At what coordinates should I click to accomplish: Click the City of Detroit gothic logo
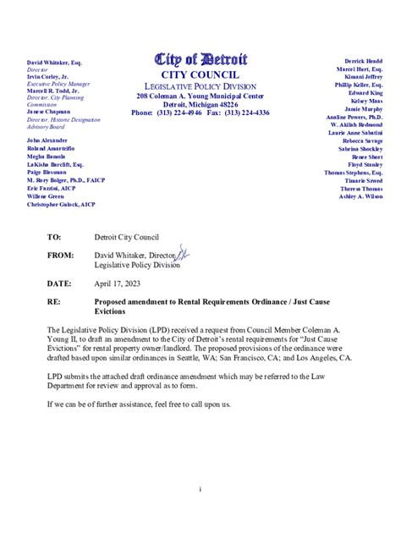click(200, 58)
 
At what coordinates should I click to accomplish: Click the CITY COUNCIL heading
click(200, 74)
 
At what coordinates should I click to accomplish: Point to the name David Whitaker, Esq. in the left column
click(54, 63)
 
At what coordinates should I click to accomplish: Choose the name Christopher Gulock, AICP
click(61, 205)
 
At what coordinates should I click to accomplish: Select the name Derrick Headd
click(364, 62)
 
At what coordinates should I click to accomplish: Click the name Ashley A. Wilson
click(360, 196)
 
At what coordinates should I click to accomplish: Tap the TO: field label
click(55, 238)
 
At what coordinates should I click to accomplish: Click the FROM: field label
click(60, 255)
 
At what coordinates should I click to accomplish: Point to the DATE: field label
click(59, 283)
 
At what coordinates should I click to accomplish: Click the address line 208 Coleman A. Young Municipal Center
click(200, 96)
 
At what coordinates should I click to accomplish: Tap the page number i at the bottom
click(200, 489)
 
